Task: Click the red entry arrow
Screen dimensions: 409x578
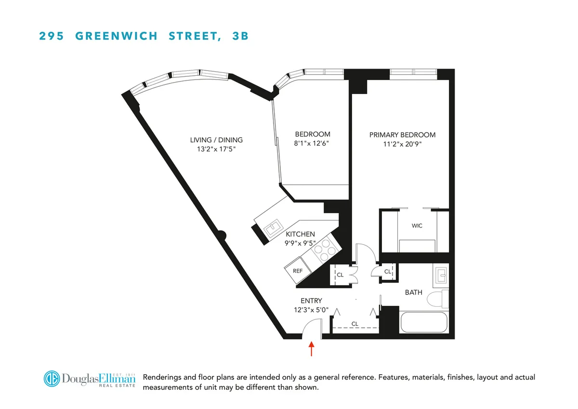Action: (312, 348)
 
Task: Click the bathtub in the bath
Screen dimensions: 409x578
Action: (424, 322)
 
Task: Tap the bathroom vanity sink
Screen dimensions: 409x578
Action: (442, 276)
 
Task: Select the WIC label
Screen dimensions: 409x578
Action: (417, 226)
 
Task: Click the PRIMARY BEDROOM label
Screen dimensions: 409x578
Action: (402, 135)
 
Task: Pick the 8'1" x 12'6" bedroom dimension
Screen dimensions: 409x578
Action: (313, 143)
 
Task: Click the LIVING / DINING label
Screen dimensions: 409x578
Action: (216, 140)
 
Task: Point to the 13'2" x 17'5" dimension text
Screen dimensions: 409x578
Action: (216, 149)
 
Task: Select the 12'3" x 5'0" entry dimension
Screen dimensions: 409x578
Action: (309, 310)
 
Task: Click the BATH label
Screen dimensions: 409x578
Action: (413, 292)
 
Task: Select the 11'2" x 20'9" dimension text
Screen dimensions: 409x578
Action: (402, 144)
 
